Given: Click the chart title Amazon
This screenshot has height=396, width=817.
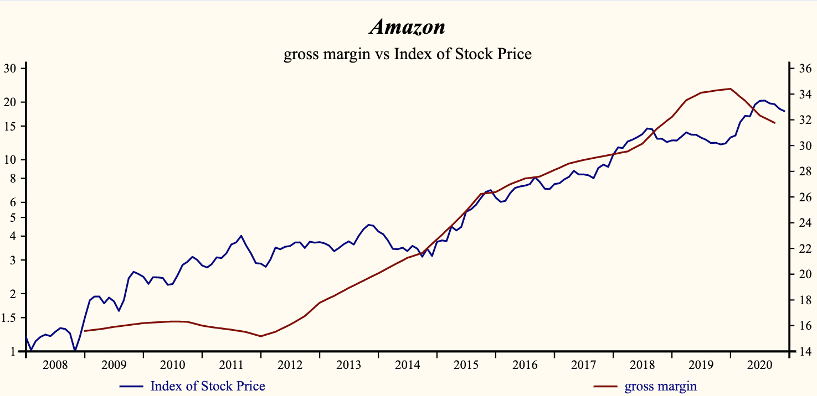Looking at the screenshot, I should [407, 27].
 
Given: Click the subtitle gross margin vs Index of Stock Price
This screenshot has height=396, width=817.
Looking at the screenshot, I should [407, 54].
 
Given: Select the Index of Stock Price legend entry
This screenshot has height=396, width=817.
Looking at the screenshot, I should [207, 386].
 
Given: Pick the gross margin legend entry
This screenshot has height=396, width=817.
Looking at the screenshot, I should [661, 386].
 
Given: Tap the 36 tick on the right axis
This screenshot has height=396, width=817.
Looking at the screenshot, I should [804, 69].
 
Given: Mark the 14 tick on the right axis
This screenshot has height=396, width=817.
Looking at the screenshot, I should [804, 351].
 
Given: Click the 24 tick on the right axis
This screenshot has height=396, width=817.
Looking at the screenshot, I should [804, 223].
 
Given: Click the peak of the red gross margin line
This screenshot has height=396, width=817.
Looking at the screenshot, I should [731, 88].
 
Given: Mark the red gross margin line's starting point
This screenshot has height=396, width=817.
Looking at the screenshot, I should [85, 331].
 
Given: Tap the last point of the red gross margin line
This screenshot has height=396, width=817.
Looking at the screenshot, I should [774, 123].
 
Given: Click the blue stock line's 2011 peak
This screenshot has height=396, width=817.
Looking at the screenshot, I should [241, 236].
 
